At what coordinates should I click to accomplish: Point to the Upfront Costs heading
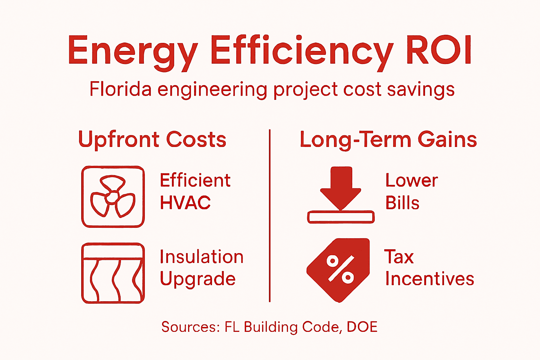(x=152, y=140)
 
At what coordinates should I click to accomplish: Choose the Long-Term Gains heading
(x=388, y=140)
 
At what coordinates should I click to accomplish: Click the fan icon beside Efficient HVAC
(x=113, y=197)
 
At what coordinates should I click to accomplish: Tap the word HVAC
(x=185, y=203)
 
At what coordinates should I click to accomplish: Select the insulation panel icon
(x=113, y=273)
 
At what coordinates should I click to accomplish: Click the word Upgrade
(x=198, y=279)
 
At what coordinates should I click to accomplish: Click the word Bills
(x=402, y=203)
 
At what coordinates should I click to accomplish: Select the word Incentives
(x=429, y=279)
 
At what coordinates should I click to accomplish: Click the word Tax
(x=399, y=257)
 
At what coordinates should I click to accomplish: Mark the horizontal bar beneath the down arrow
(x=341, y=217)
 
